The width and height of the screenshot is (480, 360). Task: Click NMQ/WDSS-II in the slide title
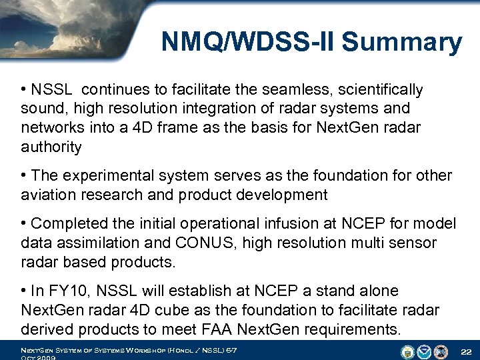pos(250,43)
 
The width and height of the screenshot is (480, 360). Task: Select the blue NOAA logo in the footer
pos(424,351)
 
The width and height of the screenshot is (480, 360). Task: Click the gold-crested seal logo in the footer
pos(408,351)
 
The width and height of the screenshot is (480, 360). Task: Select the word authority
pos(51,147)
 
